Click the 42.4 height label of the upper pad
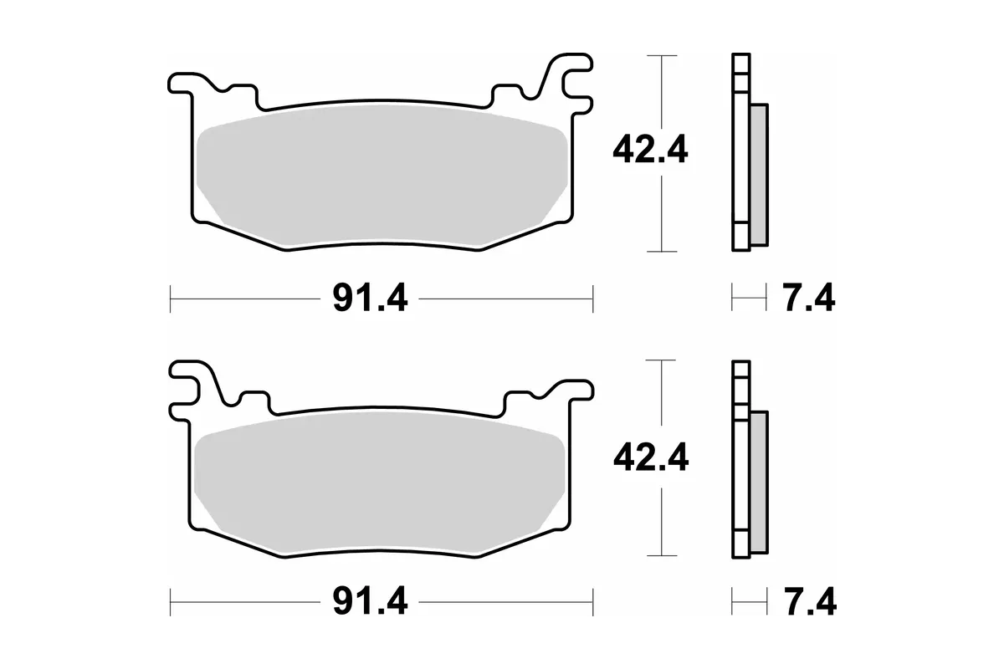(x=649, y=151)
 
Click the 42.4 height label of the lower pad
(x=649, y=457)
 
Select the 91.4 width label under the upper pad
(x=370, y=298)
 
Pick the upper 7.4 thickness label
(x=808, y=298)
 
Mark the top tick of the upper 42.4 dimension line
(x=662, y=55)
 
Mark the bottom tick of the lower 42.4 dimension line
(x=662, y=555)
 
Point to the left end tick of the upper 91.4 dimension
(x=171, y=297)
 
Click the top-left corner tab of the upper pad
(x=181, y=83)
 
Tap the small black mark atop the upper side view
(x=740, y=49)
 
